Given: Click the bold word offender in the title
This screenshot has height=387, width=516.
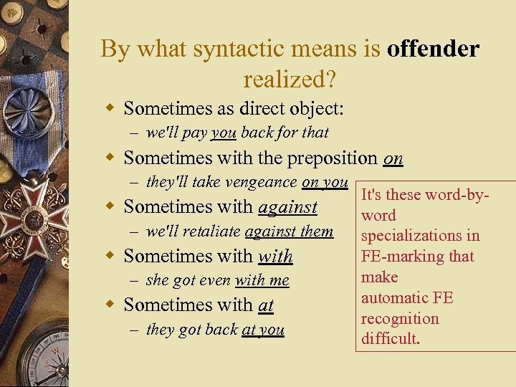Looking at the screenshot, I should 433,49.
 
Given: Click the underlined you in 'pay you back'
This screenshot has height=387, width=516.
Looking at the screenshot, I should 224,133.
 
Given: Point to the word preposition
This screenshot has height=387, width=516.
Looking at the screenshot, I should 321,157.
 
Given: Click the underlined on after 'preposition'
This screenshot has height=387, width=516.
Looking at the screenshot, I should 393,157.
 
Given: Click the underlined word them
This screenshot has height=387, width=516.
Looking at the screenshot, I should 317,231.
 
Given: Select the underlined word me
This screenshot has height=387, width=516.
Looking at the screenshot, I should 279,281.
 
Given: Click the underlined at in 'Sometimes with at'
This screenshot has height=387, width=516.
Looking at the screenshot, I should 266,305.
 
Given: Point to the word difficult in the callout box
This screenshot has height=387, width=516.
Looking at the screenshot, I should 390,339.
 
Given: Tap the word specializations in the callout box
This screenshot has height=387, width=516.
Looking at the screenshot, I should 420,236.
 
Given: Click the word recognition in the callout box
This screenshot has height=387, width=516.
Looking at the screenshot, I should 400,318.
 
